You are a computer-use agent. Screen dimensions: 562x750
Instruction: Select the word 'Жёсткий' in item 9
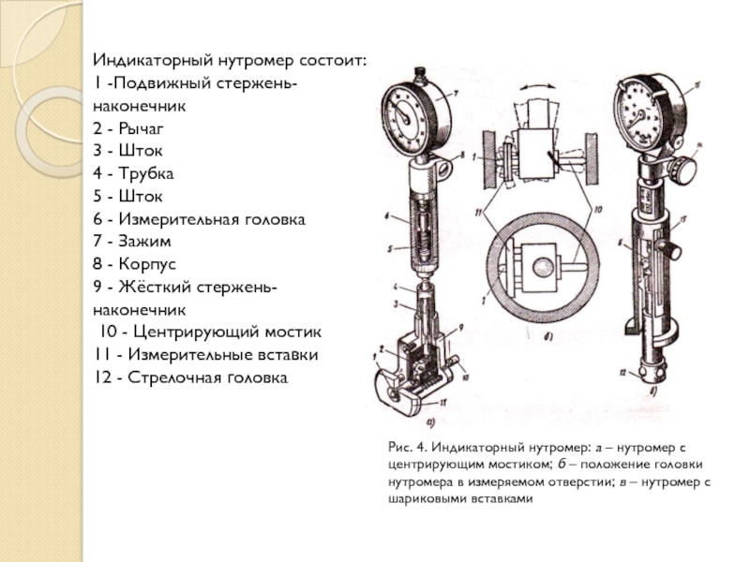(147, 287)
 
